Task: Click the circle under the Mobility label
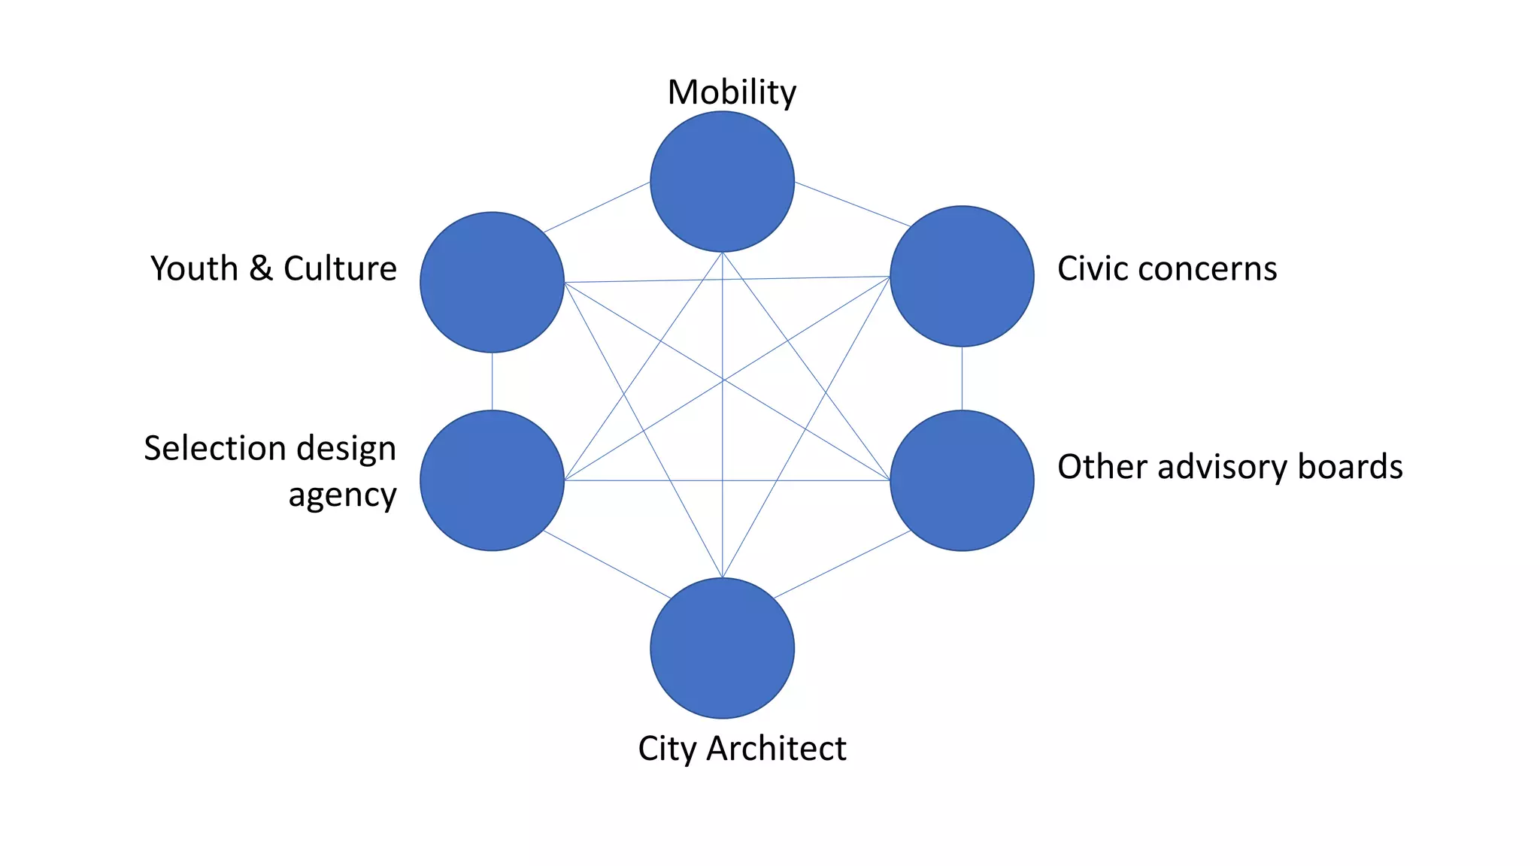(x=722, y=182)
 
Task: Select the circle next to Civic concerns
(x=962, y=277)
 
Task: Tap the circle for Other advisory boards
(x=962, y=480)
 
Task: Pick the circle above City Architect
(x=722, y=648)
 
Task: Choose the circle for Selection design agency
(x=492, y=480)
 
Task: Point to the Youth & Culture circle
(x=492, y=282)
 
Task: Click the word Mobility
(x=732, y=92)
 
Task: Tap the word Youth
(x=194, y=268)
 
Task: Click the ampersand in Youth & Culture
(x=260, y=268)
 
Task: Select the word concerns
(x=1217, y=269)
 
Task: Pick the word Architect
(x=776, y=749)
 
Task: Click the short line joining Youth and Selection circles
(x=492, y=381)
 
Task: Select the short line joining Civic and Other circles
(x=962, y=378)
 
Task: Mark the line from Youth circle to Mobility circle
(x=597, y=207)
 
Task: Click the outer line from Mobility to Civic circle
(x=853, y=204)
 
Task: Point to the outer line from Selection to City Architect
(x=607, y=565)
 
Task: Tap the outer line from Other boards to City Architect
(x=842, y=565)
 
